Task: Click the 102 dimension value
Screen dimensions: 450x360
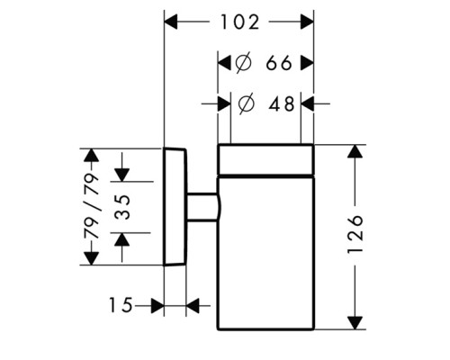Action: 239,22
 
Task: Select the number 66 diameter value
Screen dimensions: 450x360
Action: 279,63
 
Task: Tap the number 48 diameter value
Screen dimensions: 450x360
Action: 282,104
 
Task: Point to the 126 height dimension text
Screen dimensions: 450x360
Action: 355,234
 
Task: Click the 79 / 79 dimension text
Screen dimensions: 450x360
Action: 91,206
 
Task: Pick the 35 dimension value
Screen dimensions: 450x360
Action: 123,207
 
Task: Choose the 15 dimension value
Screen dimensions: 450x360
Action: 121,305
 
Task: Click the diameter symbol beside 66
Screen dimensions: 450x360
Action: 243,63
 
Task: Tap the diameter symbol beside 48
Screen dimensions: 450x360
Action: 246,104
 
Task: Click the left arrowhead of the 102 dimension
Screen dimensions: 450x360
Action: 171,22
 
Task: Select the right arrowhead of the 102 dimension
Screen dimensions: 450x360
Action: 307,22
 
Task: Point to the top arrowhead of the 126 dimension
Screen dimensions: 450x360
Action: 355,151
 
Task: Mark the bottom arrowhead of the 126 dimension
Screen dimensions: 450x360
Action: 355,323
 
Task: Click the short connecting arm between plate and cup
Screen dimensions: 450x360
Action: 202,207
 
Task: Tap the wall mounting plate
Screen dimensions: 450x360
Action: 175,207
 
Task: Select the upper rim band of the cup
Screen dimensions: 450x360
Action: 265,159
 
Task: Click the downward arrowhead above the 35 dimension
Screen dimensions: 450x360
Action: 122,175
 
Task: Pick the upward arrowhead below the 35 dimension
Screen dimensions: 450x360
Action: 122,239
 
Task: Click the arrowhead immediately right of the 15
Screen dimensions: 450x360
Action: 157,306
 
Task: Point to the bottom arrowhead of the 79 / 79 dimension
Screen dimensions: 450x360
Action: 91,258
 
